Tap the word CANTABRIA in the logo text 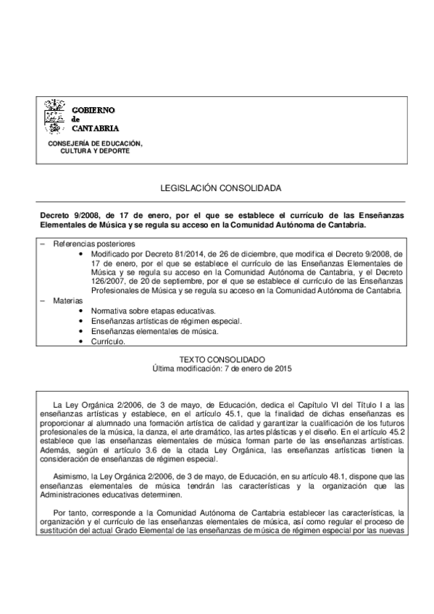coord(94,128)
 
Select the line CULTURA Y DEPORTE coord(95,151)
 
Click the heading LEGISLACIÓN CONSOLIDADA coord(221,188)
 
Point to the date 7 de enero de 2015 coord(256,368)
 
